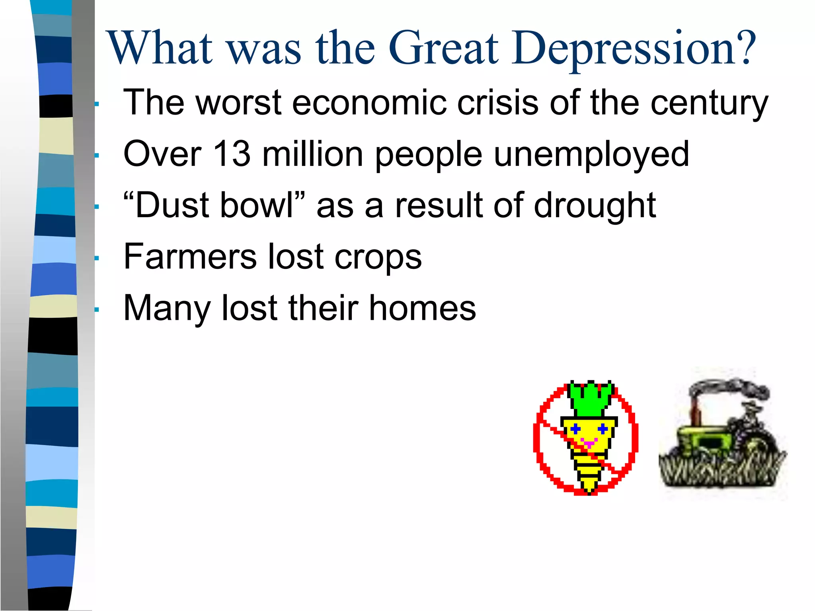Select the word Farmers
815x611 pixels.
point(190,257)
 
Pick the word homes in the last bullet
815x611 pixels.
point(422,308)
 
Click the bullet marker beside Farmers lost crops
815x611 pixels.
point(96,258)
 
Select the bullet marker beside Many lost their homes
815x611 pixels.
point(96,309)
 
